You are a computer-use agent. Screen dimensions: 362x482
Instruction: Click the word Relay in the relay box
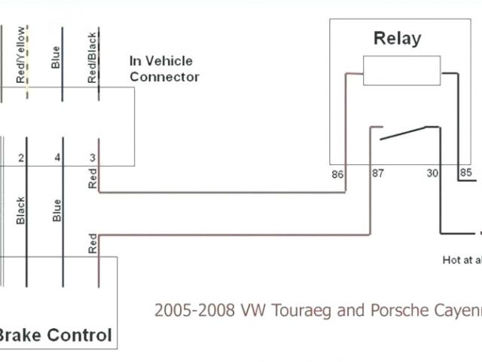click(397, 38)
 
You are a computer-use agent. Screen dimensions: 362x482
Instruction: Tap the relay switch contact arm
click(404, 133)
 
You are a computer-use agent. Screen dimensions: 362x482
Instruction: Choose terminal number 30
click(433, 173)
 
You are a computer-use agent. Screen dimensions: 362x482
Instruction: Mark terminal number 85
click(465, 173)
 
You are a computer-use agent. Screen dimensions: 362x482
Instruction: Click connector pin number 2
click(21, 158)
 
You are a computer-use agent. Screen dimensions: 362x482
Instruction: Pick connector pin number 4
click(57, 158)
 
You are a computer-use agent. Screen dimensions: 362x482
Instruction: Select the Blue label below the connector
click(56, 210)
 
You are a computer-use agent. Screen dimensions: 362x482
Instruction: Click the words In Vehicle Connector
click(164, 69)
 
